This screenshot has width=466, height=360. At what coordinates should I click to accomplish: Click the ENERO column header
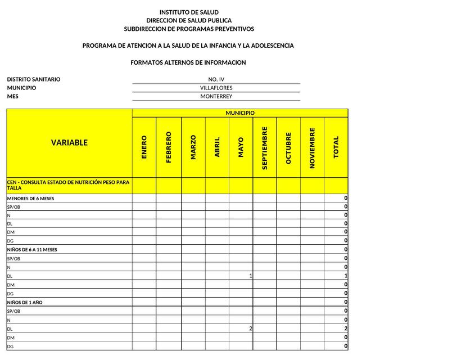coord(144,147)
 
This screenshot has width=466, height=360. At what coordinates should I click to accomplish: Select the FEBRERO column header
coord(169,147)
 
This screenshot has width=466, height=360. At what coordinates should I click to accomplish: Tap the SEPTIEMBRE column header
coord(265,147)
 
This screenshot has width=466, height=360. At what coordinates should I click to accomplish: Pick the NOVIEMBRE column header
coord(313,147)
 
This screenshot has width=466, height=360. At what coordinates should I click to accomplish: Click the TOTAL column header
coord(336,147)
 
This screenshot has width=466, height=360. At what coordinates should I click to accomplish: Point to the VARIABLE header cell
coord(69,143)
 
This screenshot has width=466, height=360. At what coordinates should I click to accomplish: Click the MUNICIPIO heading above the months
coord(240,113)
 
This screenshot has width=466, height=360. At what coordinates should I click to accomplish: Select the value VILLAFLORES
coord(216,88)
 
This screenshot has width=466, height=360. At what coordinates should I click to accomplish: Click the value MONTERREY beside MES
coord(216,96)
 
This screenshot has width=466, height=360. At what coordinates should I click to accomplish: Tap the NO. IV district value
coord(216,79)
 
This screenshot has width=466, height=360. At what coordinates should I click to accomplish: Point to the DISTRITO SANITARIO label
coord(34,79)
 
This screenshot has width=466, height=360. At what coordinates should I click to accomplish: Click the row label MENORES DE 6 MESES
coord(30,199)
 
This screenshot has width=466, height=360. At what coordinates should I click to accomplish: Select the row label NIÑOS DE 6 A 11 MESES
coord(32,250)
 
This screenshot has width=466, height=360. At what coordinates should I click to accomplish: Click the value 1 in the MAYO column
coord(250,276)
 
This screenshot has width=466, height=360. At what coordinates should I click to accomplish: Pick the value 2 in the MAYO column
coord(250,328)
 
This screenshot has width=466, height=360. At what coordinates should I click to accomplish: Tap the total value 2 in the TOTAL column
coord(346,328)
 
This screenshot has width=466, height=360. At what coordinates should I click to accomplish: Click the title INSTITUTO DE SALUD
coord(189,12)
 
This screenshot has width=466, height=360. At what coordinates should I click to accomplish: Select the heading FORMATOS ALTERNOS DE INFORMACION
coord(188,62)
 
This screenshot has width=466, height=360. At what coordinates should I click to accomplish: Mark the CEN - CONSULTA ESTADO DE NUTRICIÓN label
coord(68,185)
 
